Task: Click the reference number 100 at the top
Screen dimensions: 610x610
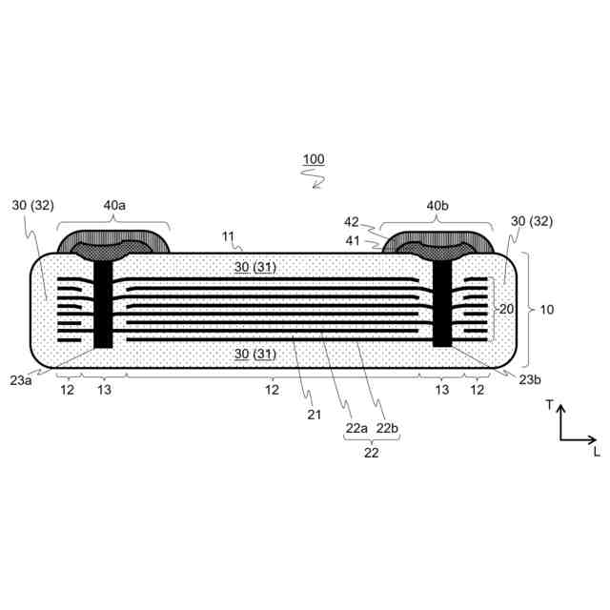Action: pos(314,159)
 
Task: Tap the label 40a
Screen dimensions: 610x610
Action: pos(114,205)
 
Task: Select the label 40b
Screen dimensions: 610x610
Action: pos(437,206)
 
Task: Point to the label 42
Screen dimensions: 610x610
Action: pos(352,222)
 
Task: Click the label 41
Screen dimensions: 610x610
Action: pos(353,241)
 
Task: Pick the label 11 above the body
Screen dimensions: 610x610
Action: pos(228,236)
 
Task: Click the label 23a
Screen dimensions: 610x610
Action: pos(21,380)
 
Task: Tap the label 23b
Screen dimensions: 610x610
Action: pos(530,379)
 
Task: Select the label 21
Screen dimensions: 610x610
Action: pos(314,415)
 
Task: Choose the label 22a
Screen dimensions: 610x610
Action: pos(356,428)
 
